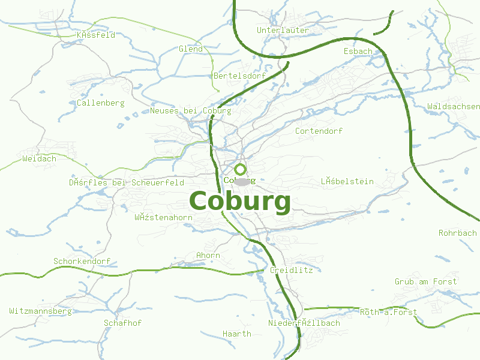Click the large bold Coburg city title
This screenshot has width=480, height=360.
(x=240, y=202)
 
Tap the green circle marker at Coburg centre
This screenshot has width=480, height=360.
(x=240, y=169)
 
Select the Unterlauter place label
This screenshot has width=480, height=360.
(x=283, y=30)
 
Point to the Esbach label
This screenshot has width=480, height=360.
(x=358, y=51)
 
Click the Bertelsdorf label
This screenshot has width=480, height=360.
(x=239, y=76)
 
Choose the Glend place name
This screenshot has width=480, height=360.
(x=191, y=49)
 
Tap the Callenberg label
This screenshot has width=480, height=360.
(x=101, y=103)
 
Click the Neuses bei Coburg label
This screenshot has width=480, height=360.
(x=191, y=110)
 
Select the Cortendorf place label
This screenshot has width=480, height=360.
(x=319, y=130)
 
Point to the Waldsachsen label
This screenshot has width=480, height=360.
(x=453, y=106)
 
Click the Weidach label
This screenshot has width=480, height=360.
(x=39, y=158)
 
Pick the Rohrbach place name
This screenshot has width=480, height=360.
(x=458, y=233)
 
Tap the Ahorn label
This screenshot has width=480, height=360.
(x=208, y=255)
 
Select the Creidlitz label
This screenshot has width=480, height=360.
(x=292, y=270)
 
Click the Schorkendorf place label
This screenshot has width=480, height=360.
(x=82, y=261)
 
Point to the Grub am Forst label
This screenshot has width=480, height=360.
(x=426, y=281)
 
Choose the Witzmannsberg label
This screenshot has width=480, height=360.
(x=40, y=311)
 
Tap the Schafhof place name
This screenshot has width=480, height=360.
(x=123, y=323)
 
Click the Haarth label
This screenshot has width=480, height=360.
(x=236, y=334)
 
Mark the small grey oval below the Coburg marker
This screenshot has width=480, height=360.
(x=241, y=182)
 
